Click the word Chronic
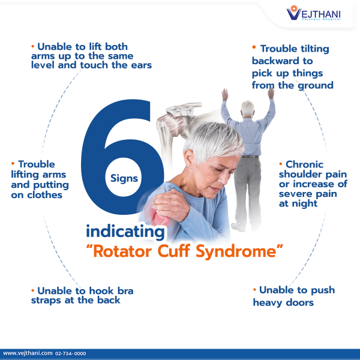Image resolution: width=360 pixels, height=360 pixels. pyautogui.click(x=304, y=164)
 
